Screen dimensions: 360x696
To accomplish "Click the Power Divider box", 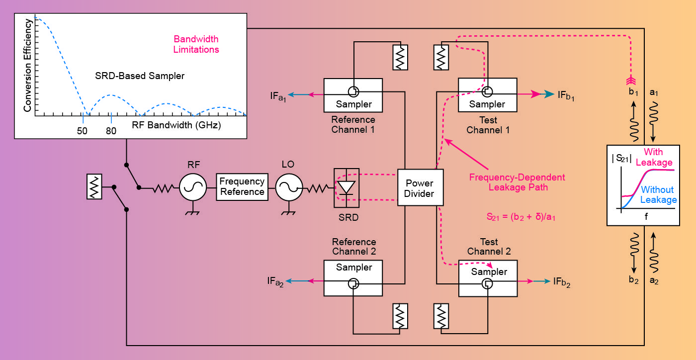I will tap(420, 187).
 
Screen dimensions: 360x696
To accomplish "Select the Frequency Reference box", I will tap(242, 187).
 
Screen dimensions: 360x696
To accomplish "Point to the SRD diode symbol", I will tap(347, 188).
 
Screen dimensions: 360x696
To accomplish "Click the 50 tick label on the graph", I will tap(82, 131).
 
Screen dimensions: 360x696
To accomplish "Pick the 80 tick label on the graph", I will tap(111, 131).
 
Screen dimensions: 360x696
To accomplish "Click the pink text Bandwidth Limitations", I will tap(196, 44).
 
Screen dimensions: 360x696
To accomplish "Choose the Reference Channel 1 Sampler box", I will tap(353, 94).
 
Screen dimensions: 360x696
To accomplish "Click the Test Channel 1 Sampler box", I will tap(487, 94).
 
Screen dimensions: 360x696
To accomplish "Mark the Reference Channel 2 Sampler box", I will tap(353, 278).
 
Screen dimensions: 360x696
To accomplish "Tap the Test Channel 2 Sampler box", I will tap(488, 278).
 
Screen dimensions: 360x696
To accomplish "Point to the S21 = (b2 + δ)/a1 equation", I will tap(520, 217).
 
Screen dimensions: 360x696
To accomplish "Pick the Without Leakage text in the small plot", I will tap(658, 194).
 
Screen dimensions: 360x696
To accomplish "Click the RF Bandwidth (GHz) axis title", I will tap(176, 125).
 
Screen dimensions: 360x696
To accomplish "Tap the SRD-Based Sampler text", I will tap(140, 76).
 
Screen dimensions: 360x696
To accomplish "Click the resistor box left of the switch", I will tap(94, 187).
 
